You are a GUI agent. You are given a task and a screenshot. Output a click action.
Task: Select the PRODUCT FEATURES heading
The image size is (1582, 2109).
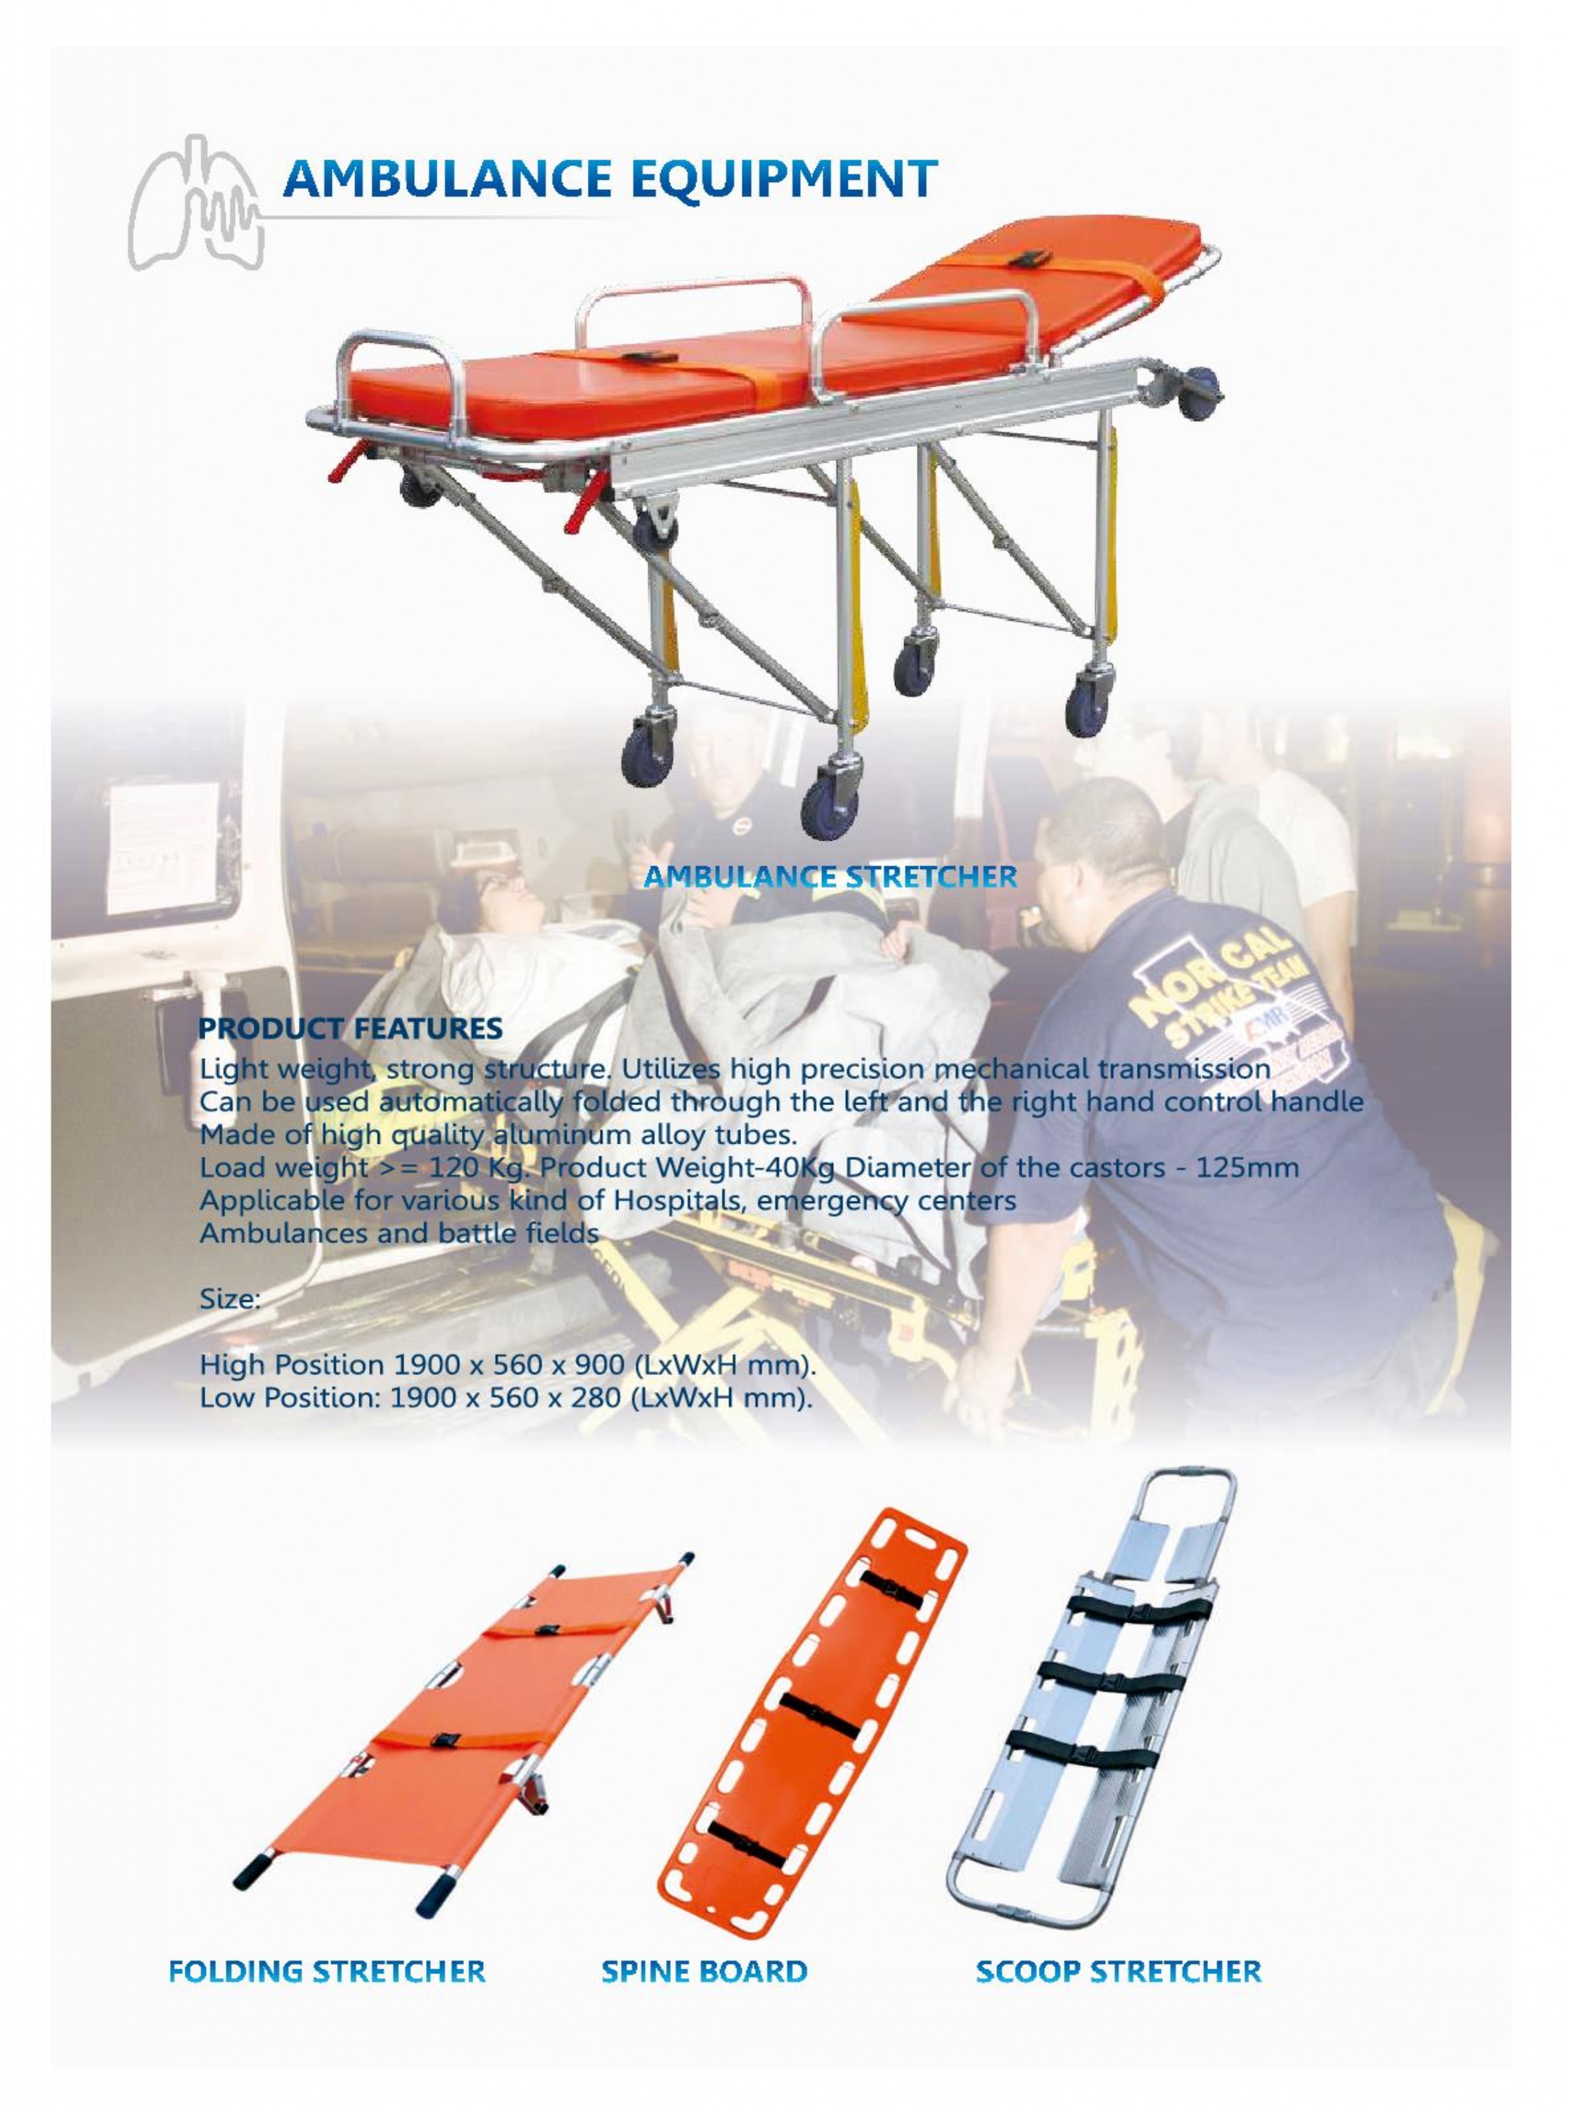[350, 1028]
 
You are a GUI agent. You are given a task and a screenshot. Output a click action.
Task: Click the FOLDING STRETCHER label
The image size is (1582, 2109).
[327, 1972]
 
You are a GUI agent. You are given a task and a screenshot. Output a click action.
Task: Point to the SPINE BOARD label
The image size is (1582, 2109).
[705, 1972]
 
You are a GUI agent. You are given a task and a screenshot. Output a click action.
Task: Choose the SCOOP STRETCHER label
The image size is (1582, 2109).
[1119, 1972]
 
